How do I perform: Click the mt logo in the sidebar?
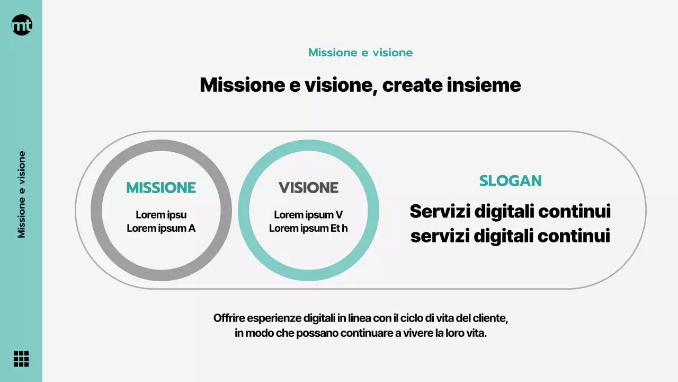click(x=22, y=25)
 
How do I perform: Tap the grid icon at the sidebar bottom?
click(x=21, y=359)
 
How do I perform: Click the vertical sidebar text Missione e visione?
click(x=22, y=194)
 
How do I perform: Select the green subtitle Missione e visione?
click(x=360, y=53)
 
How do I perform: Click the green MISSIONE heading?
click(x=161, y=188)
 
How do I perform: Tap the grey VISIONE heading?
click(x=308, y=188)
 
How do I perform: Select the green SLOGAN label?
click(x=510, y=181)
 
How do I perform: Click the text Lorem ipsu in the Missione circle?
click(x=161, y=215)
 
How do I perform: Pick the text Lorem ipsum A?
click(x=161, y=229)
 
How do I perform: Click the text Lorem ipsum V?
click(x=308, y=215)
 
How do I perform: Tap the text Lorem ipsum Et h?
click(x=308, y=229)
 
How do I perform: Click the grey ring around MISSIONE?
click(x=96, y=211)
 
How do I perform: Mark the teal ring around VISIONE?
click(x=244, y=211)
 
